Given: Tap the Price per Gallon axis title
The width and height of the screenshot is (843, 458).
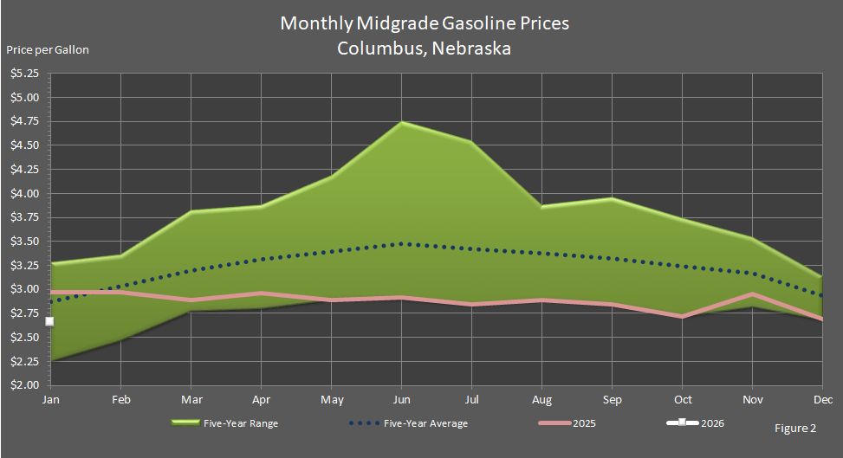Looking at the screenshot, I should point(48,49).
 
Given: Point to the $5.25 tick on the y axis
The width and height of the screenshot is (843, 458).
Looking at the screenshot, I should point(25,74).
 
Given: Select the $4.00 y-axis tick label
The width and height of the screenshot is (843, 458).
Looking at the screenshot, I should point(25,193).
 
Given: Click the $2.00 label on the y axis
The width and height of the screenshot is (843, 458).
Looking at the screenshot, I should point(25,384).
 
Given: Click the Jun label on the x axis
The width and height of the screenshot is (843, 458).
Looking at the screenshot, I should point(401,400).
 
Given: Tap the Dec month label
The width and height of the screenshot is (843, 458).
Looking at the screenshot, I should point(821,400).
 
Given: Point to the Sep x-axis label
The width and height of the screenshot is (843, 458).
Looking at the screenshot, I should point(612,400).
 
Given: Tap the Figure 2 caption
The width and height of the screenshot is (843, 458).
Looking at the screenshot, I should point(794,428).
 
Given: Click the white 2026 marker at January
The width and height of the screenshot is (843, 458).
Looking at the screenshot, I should point(49,321).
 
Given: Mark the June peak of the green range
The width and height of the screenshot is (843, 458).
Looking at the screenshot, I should point(401,123).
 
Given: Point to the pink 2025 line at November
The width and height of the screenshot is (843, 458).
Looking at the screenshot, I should point(752,294).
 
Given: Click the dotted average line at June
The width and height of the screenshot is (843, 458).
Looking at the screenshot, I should point(401,244).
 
